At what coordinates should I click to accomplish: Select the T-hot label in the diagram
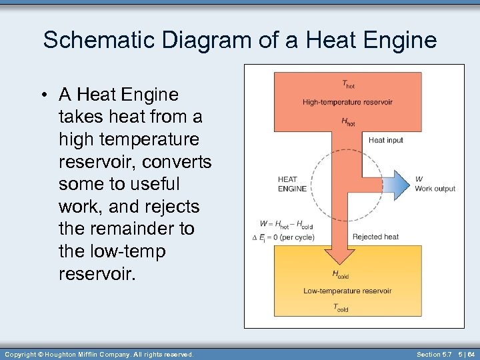coord(348,84)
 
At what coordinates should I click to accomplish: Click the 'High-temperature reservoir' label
coord(347,102)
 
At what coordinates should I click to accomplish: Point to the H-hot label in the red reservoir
coord(348,121)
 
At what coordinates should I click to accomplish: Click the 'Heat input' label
coord(386,140)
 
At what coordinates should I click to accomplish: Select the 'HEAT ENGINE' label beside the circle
coord(292,183)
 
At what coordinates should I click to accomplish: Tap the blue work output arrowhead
coord(401,184)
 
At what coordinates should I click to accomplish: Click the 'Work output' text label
coord(435,189)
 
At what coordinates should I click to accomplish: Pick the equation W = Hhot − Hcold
coord(287,225)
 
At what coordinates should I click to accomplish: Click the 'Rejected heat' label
coord(375,237)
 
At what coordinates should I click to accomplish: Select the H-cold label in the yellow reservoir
coord(340,274)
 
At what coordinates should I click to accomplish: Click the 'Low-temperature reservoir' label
coord(347,291)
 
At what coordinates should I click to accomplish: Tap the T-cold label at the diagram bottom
coord(341,308)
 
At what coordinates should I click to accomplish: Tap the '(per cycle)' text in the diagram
coord(297,237)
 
